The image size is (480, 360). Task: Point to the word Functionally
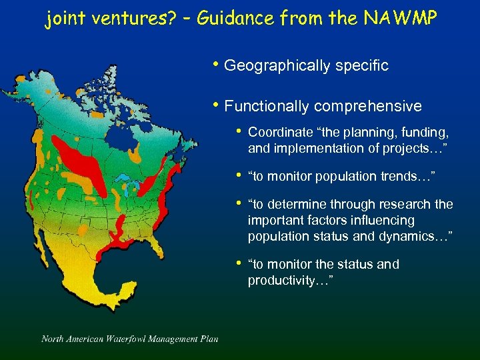pos(267,106)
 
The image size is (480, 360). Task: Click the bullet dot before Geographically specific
pos(215,65)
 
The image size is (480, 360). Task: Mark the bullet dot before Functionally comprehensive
pos(215,105)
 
